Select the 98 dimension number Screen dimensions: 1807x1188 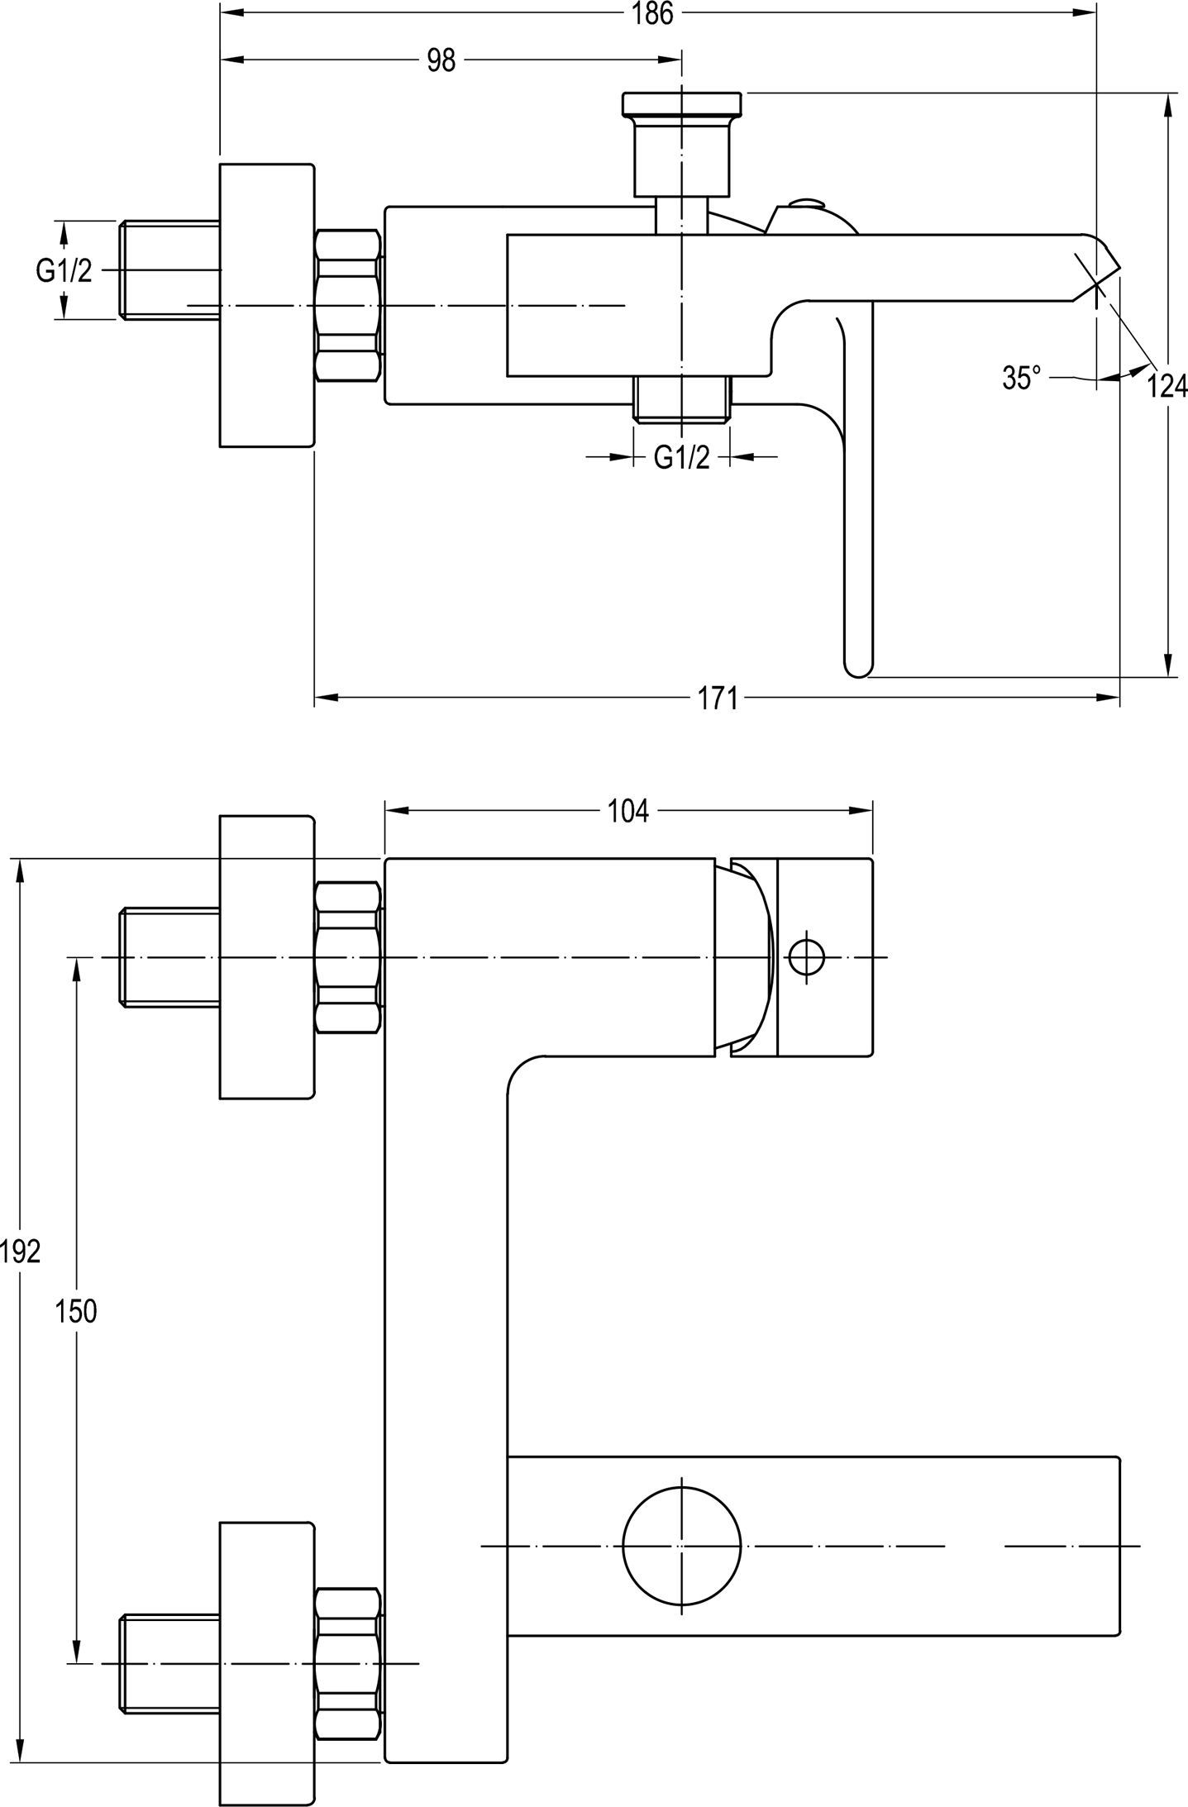pyautogui.click(x=441, y=60)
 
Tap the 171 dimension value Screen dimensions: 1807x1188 pyautogui.click(x=718, y=698)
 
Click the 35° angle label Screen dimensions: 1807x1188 pyautogui.click(x=1022, y=379)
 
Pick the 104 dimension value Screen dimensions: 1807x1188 pyautogui.click(x=628, y=811)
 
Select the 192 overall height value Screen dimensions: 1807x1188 pyautogui.click(x=20, y=1252)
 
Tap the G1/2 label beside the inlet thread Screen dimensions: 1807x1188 pyautogui.click(x=64, y=269)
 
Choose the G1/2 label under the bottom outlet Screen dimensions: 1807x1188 pyautogui.click(x=681, y=457)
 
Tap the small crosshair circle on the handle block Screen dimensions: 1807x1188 pyautogui.click(x=807, y=957)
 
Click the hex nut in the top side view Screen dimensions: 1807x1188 pyautogui.click(x=348, y=305)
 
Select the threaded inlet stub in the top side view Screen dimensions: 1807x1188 pyautogui.click(x=169, y=269)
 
